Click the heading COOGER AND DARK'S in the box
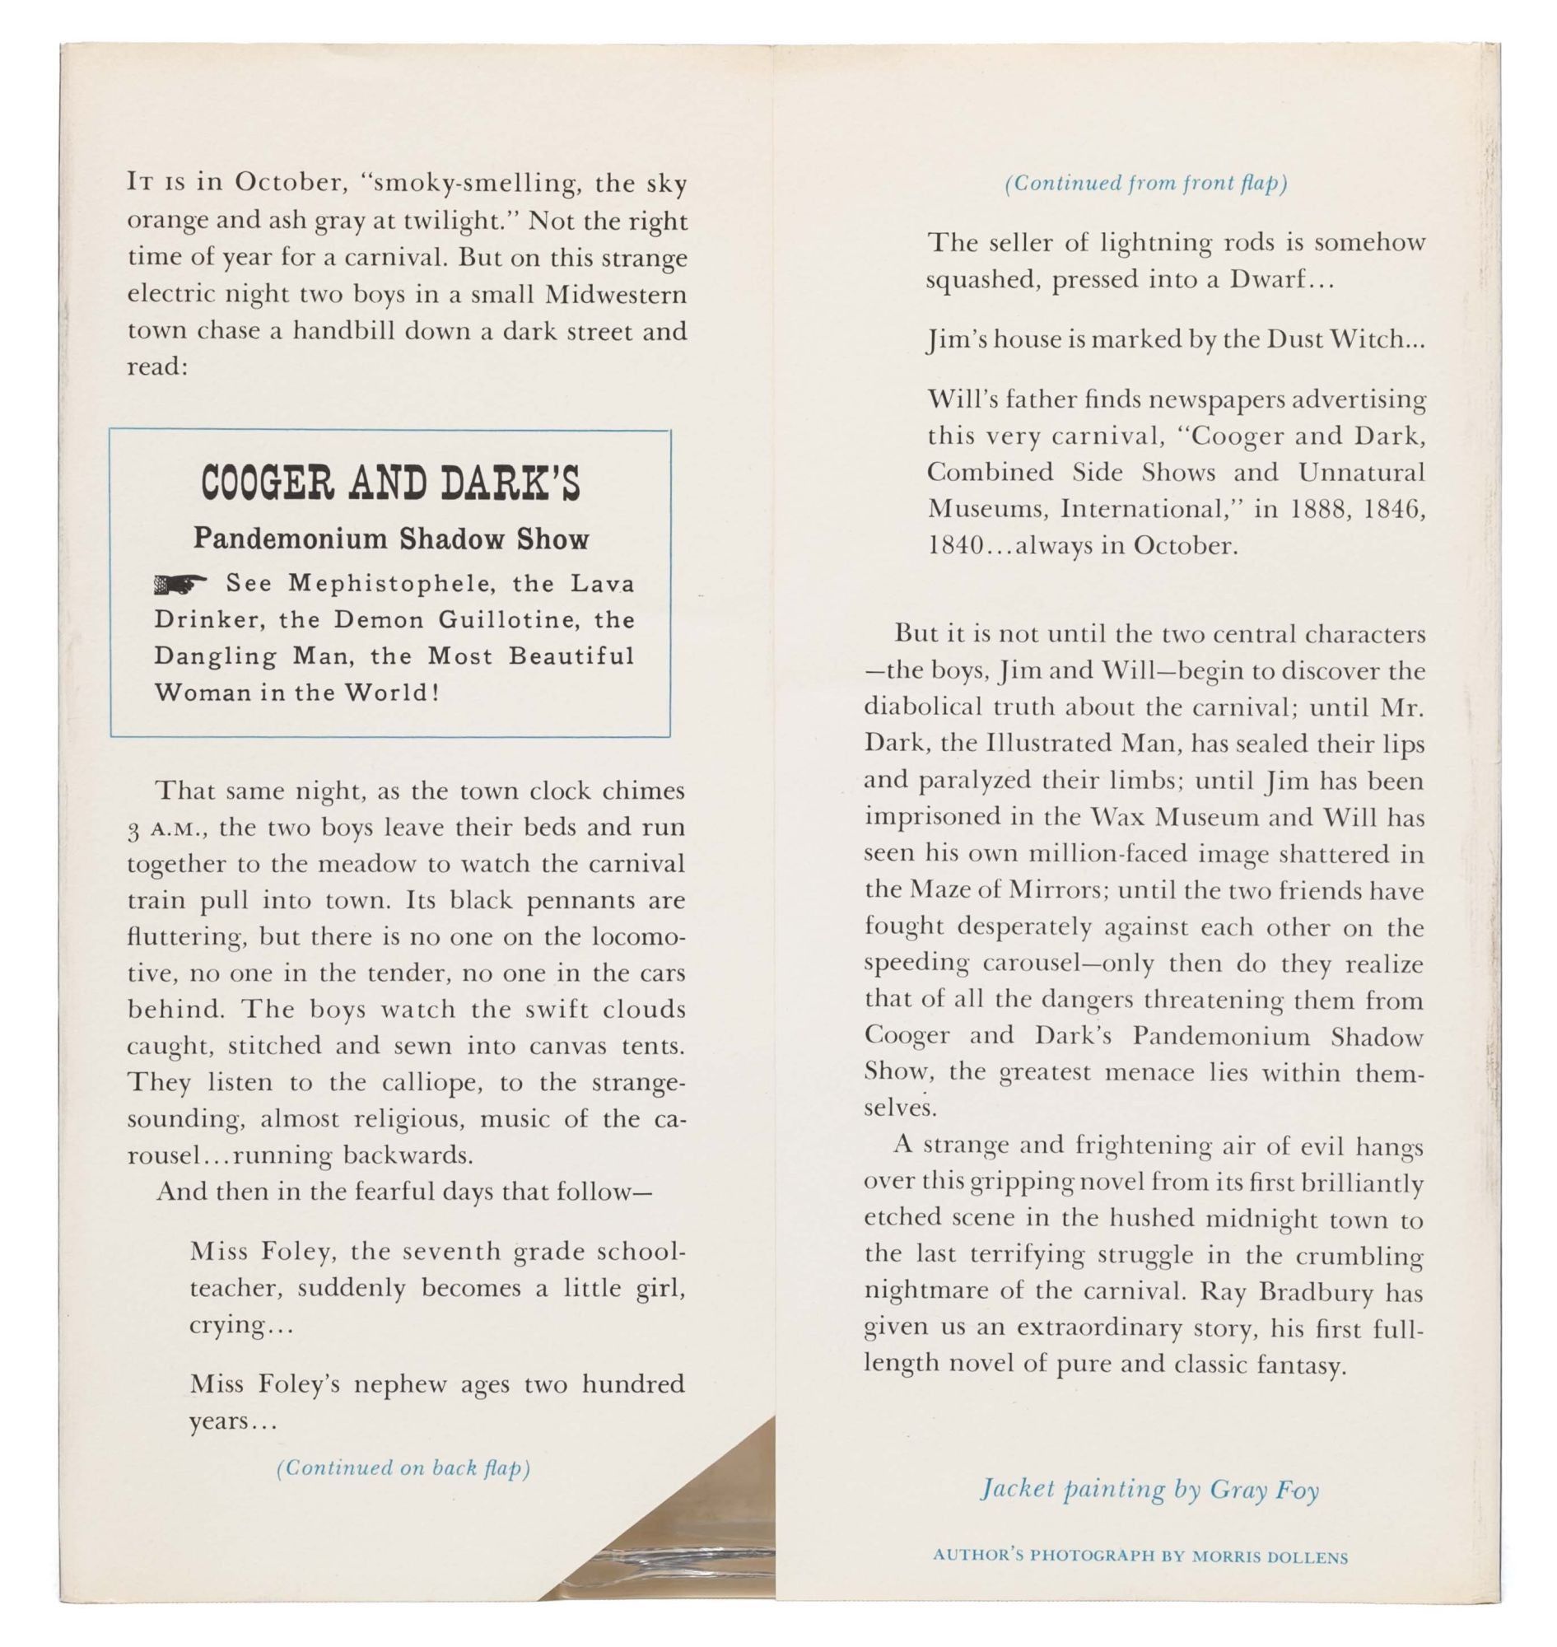pos(390,483)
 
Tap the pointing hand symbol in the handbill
pos(180,586)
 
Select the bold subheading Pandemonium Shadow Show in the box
pos(391,539)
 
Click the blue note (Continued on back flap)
pos(403,1467)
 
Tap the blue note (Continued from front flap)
pos(1145,183)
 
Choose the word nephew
pos(400,1383)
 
